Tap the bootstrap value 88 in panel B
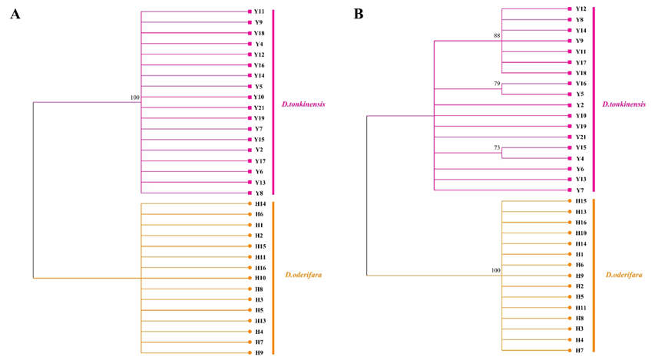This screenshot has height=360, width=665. (497, 35)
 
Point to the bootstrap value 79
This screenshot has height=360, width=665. (497, 83)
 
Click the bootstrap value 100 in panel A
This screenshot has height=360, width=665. (135, 97)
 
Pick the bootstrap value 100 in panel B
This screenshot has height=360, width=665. (495, 270)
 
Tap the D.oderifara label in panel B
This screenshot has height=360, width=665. (623, 275)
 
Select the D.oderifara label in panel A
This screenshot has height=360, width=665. (301, 275)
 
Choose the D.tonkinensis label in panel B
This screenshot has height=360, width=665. (624, 104)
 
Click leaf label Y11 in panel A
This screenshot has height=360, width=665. (259, 12)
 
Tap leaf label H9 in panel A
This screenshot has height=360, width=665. (260, 353)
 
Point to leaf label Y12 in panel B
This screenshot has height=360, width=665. (581, 9)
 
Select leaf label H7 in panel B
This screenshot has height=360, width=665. (580, 349)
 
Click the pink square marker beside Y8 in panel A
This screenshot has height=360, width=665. (250, 193)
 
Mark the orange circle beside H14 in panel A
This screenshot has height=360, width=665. (250, 204)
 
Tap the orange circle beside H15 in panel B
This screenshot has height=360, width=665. (571, 201)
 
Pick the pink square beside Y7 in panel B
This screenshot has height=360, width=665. (571, 190)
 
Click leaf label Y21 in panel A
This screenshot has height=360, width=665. (259, 108)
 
